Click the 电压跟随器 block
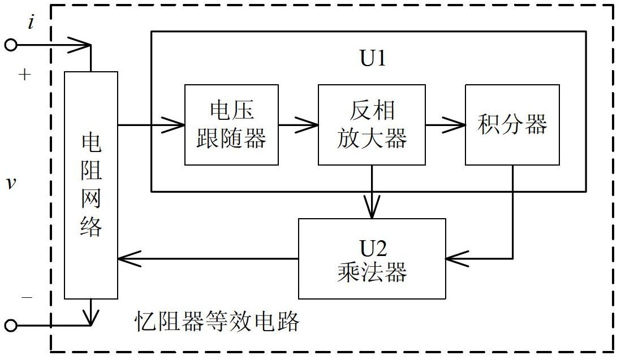point(231,125)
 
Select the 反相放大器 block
point(371,125)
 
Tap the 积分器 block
point(512,125)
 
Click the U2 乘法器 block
point(372,259)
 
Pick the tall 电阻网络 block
point(91,185)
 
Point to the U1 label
point(373,58)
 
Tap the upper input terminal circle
point(11,45)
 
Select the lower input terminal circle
point(11,325)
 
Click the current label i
point(31,23)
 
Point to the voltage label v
point(10,183)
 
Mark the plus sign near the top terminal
point(24,75)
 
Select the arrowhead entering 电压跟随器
point(175,125)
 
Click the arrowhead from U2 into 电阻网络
point(127,259)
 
